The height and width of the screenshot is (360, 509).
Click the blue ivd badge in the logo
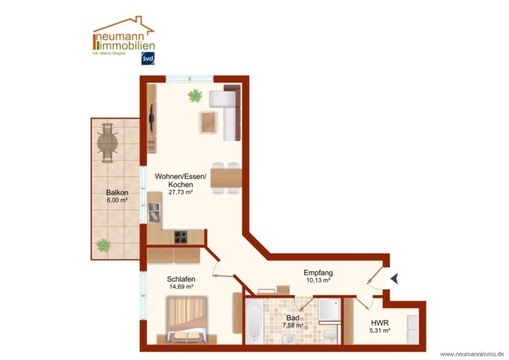click(x=148, y=58)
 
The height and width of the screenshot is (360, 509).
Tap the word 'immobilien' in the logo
click(x=127, y=46)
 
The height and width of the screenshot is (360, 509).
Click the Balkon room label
click(x=117, y=192)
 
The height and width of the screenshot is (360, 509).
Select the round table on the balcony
click(x=107, y=143)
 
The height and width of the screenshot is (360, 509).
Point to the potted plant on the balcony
click(x=103, y=245)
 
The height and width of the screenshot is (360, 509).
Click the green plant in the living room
click(x=195, y=95)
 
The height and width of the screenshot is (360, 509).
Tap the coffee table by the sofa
click(x=209, y=122)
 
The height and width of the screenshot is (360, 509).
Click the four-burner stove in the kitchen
click(x=181, y=237)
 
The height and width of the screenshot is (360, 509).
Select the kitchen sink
click(x=154, y=212)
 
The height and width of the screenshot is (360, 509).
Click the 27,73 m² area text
click(x=181, y=192)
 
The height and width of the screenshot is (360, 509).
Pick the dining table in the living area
click(x=226, y=178)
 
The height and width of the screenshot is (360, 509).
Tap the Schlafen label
click(x=181, y=279)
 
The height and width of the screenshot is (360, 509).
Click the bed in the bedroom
click(x=187, y=320)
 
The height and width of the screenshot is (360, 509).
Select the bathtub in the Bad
click(x=254, y=321)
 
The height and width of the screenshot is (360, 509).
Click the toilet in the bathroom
click(x=331, y=335)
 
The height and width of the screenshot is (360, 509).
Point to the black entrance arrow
click(x=395, y=278)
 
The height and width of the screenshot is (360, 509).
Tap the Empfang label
click(x=318, y=272)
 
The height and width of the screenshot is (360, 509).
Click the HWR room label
click(x=380, y=323)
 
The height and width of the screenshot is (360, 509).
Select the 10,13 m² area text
click(x=318, y=280)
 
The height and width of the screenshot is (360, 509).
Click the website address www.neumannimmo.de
click(x=472, y=354)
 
